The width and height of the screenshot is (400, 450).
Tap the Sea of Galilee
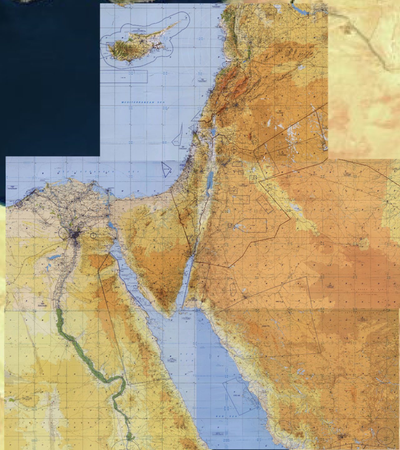213,132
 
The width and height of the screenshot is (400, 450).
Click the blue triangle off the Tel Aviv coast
166,170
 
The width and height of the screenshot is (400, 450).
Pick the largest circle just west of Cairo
63,233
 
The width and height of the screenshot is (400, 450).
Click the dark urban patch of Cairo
75,236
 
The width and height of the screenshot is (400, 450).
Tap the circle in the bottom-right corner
385,435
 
